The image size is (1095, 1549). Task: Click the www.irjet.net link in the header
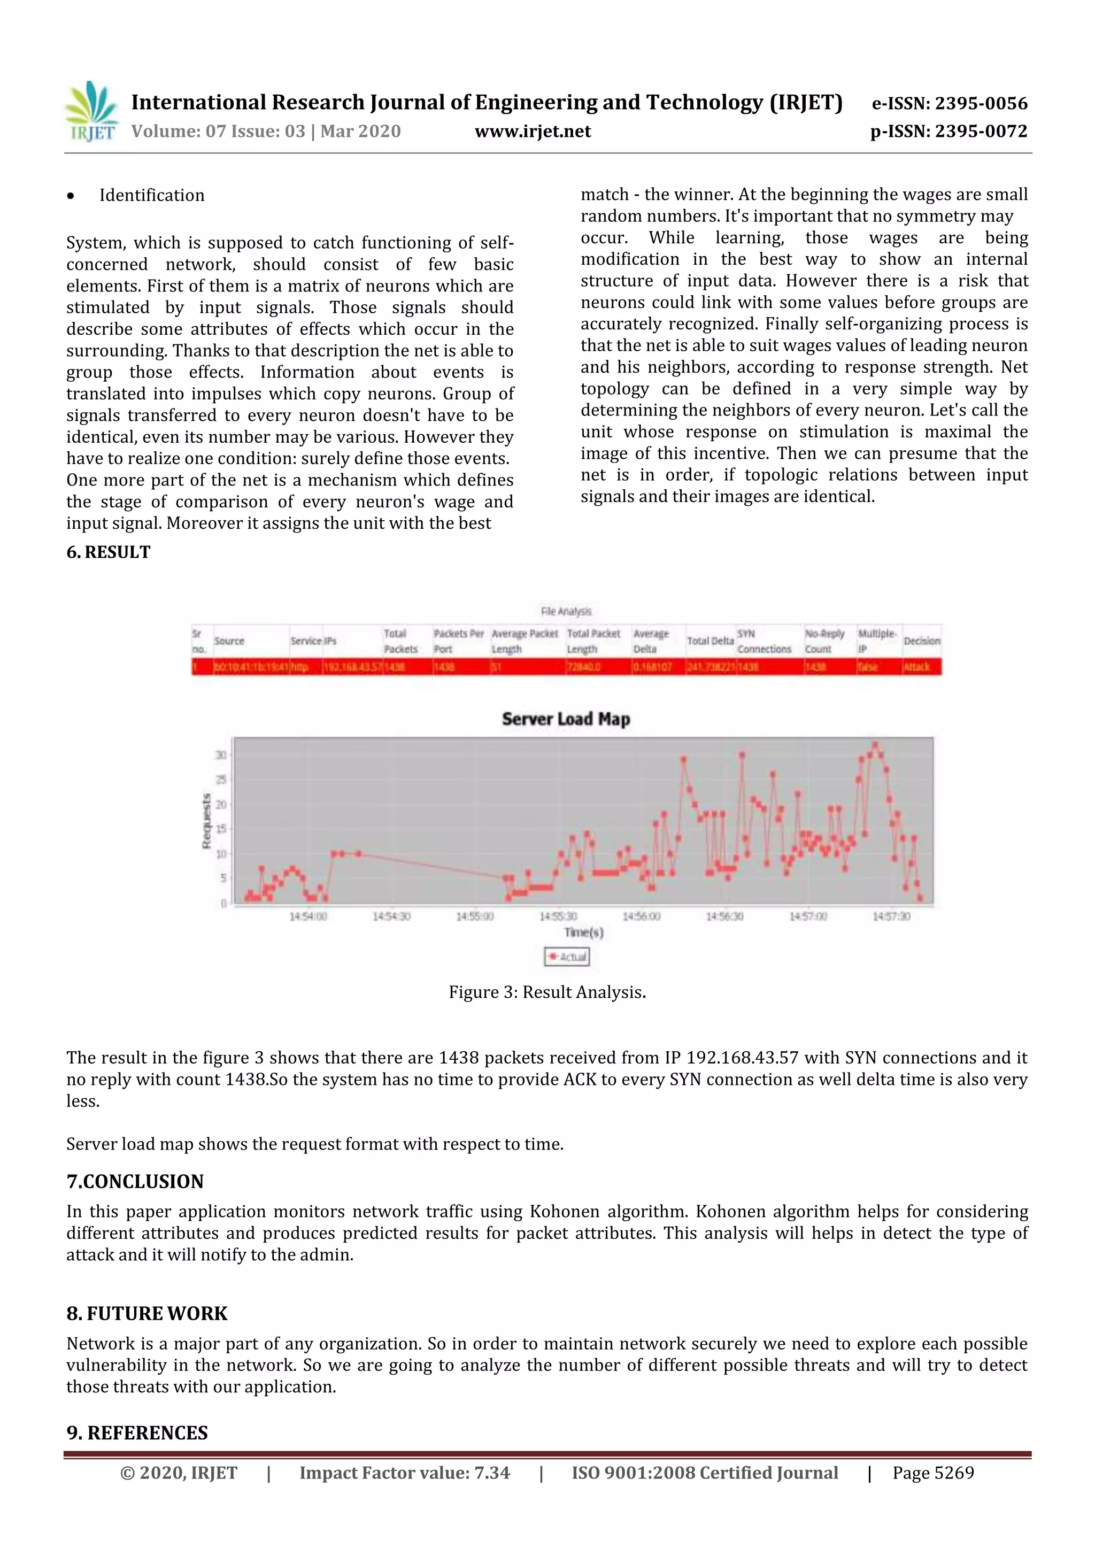tap(533, 132)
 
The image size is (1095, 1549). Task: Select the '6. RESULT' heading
tap(108, 552)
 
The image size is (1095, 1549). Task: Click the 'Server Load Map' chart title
tap(565, 719)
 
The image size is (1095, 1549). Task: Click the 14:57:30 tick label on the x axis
tap(891, 916)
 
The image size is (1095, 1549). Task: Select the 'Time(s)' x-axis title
tap(584, 933)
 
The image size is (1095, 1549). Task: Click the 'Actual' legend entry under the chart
tap(567, 957)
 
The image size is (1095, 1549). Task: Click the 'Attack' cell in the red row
tap(916, 667)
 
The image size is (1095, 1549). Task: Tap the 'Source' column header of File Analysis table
tap(229, 641)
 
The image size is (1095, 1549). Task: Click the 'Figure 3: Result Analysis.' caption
tap(547, 992)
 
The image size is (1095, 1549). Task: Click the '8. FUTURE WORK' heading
tap(146, 1314)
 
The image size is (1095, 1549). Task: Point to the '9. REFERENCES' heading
tap(137, 1433)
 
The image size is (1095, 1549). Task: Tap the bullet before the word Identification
tap(71, 196)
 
